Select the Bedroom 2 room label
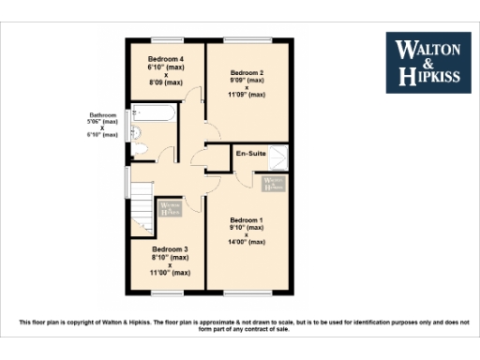[247, 72]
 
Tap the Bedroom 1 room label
[247, 220]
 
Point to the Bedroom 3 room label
[170, 249]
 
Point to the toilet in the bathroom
[137, 150]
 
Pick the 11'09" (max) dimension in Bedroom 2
[248, 95]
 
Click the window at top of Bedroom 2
[247, 38]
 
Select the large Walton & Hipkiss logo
[429, 63]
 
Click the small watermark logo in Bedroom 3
[170, 209]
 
